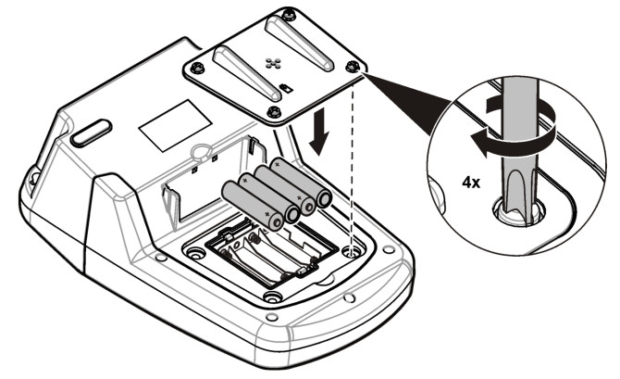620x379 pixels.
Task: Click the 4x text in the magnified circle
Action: (471, 183)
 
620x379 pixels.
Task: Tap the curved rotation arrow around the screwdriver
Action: (514, 127)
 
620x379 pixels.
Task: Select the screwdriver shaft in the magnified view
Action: (518, 150)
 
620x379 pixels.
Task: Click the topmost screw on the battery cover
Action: (290, 16)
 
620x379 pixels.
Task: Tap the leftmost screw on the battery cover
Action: (196, 69)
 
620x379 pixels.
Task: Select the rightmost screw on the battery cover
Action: (352, 66)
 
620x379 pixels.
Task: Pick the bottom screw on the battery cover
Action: (274, 111)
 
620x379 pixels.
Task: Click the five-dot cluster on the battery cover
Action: (273, 62)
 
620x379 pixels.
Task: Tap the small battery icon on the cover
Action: (285, 88)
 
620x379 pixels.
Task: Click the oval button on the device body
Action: (91, 133)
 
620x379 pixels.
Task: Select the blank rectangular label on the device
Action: (175, 125)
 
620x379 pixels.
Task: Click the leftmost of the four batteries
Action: (253, 206)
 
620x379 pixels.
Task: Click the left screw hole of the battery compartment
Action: (194, 253)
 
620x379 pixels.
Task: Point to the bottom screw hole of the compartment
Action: (272, 297)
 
